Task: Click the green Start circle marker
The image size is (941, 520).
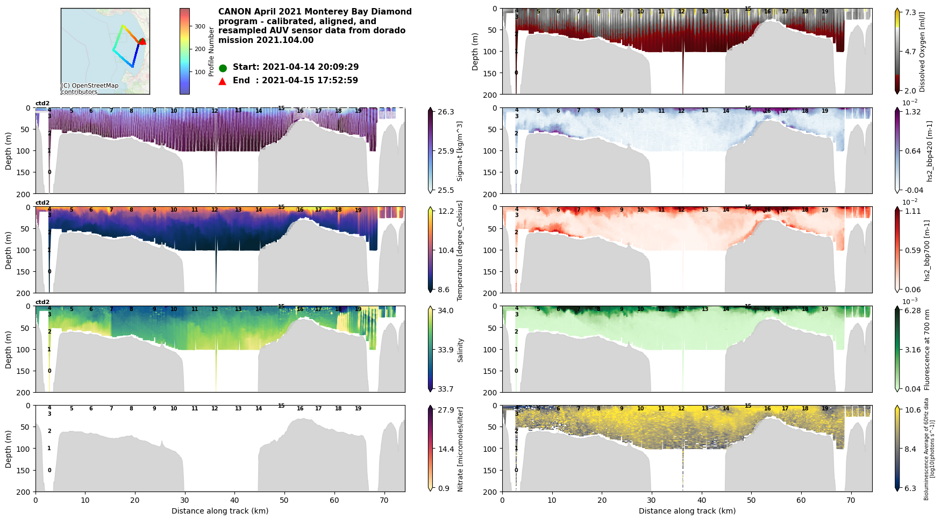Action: (223, 68)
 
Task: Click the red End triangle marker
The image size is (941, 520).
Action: (223, 81)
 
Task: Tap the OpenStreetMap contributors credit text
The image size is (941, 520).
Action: (89, 89)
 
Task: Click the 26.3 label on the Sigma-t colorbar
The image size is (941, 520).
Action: (446, 112)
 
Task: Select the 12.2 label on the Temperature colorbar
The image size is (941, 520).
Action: (446, 212)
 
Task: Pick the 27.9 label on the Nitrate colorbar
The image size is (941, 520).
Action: (446, 410)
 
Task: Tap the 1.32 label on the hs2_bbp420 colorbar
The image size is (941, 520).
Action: (913, 112)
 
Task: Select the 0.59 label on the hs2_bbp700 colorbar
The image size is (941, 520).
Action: (913, 250)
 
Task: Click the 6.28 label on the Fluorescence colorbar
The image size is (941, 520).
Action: (913, 311)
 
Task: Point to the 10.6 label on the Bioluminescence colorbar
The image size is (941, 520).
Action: (913, 410)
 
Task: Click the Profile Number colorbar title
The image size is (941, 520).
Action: (211, 52)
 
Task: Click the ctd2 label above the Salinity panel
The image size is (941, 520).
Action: (42, 302)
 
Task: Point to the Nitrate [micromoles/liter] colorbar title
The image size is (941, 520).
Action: (460, 449)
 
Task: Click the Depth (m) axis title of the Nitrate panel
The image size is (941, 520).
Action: (9, 449)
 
